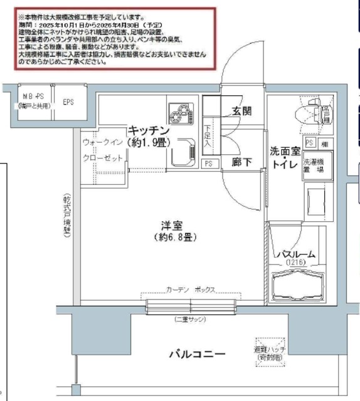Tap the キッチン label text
pyautogui.click(x=149, y=130)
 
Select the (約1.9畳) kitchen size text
pyautogui.click(x=149, y=142)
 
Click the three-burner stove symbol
pyautogui.click(x=180, y=113)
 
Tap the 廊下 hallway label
pyautogui.click(x=241, y=162)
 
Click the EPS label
pyautogui.click(x=68, y=100)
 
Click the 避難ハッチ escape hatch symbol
pyautogui.click(x=269, y=351)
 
